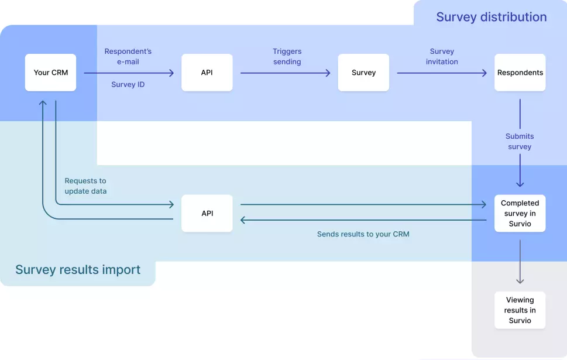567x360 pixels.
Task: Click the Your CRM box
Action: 50,73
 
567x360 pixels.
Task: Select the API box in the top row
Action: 207,73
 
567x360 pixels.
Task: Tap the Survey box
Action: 363,73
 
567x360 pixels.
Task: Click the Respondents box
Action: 520,73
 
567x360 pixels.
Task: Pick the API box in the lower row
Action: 207,213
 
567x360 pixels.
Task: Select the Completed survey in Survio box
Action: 520,213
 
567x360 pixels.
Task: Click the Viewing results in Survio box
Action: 520,310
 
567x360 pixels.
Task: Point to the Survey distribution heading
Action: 491,17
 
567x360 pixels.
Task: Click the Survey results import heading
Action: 78,270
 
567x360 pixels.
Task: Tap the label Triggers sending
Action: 287,57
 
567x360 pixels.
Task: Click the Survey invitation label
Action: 442,57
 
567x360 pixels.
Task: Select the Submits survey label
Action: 520,142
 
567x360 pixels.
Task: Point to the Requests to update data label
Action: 85,186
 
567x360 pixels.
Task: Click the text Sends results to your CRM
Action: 363,234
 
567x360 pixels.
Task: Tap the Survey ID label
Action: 128,85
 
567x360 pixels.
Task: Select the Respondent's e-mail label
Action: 128,57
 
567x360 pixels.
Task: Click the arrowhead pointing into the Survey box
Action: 328,73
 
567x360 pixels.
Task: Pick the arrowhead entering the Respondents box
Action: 484,73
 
